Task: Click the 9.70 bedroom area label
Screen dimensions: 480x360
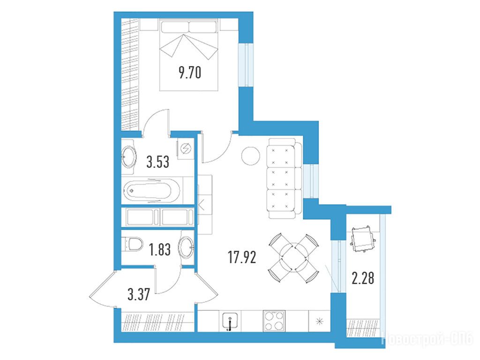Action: [190, 73]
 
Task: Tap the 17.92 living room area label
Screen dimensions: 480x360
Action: [242, 257]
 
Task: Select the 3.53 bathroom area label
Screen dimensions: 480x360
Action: [157, 162]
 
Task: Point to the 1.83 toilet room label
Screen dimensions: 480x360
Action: [160, 249]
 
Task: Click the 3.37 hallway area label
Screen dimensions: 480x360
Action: [139, 294]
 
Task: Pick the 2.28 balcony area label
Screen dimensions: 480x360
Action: [363, 278]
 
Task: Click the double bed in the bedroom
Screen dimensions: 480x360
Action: [188, 55]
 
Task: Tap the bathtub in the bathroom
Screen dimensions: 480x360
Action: [152, 190]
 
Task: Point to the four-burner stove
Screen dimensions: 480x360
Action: [274, 321]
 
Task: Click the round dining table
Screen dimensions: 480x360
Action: [293, 258]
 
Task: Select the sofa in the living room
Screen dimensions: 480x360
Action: [282, 178]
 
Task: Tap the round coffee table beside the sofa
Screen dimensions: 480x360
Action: [250, 156]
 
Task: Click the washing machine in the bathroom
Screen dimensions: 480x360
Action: [185, 149]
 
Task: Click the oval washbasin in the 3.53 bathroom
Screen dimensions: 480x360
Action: [128, 157]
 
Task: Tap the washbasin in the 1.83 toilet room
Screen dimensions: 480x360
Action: [186, 247]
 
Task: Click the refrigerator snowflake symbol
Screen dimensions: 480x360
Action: [319, 322]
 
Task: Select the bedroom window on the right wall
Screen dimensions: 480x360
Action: [246, 65]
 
